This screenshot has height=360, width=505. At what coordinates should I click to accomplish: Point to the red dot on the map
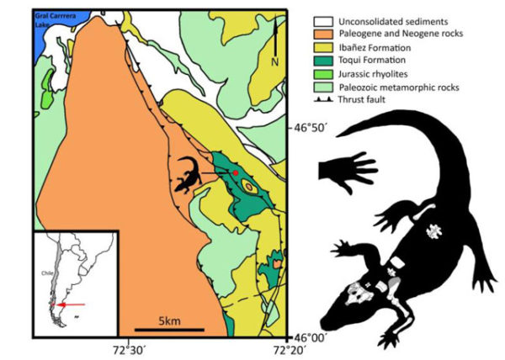237,172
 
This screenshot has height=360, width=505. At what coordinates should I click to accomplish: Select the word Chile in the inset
49,273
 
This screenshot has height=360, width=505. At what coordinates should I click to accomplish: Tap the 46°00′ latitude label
309,334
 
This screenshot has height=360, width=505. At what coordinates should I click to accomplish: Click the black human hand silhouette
346,171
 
